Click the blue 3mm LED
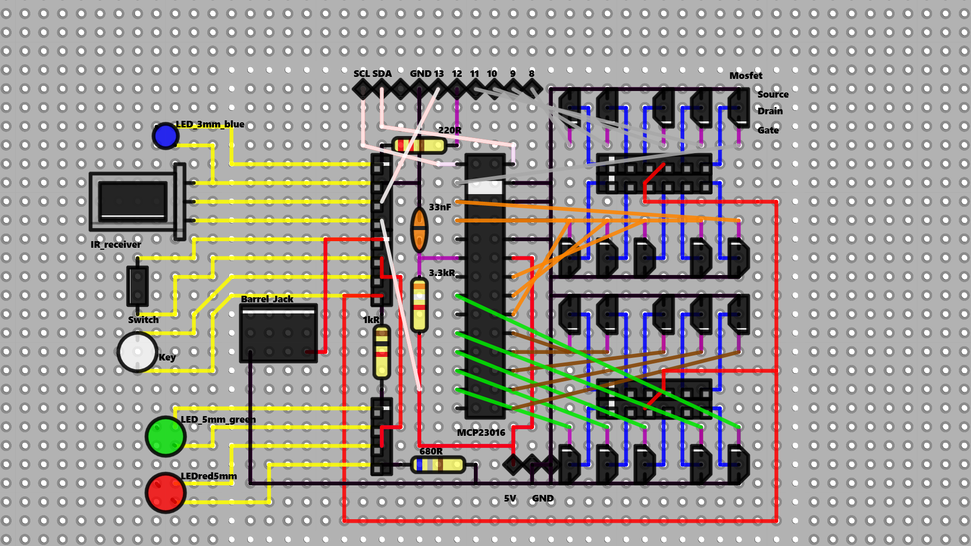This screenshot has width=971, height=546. [165, 135]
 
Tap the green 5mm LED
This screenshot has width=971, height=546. [165, 436]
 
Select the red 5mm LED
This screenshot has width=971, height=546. [165, 492]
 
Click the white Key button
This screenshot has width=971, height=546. [137, 352]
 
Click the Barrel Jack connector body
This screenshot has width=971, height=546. [278, 333]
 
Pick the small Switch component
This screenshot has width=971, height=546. [137, 286]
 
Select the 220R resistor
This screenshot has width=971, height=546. [419, 146]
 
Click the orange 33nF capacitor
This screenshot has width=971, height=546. [419, 230]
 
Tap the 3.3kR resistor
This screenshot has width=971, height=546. [419, 305]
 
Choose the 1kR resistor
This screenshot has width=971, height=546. [381, 352]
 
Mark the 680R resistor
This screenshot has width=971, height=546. [438, 465]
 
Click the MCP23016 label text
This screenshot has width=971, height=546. [480, 433]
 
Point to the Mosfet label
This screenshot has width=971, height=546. [745, 76]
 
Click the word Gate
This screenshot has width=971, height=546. [768, 130]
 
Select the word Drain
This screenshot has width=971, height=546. [770, 111]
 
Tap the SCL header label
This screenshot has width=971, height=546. [362, 74]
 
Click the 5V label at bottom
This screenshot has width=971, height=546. [510, 498]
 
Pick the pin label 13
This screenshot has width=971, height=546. [438, 74]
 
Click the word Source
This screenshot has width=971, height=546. [773, 95]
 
